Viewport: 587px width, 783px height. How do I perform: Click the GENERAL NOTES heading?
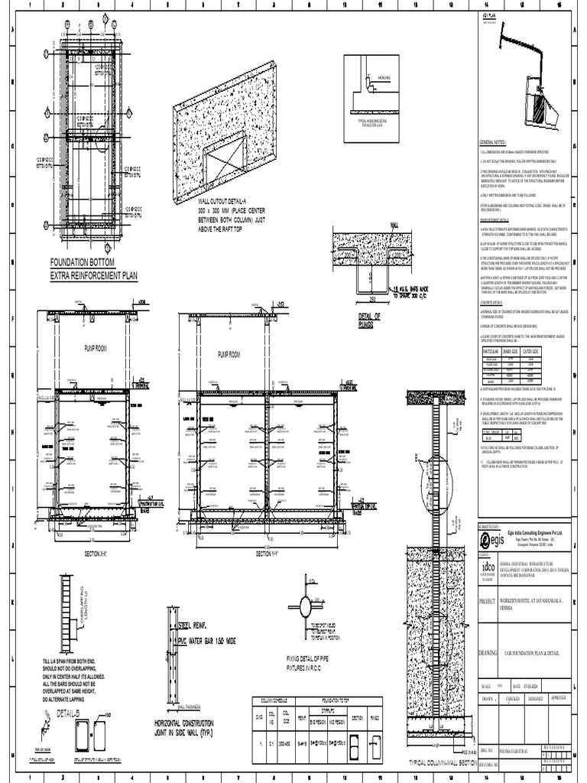492,144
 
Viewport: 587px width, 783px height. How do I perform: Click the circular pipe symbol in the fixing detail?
305,609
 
